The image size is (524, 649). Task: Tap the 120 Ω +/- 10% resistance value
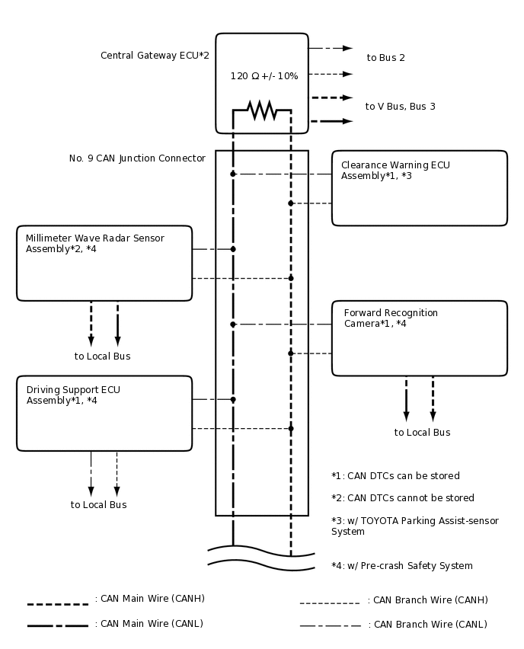(264, 76)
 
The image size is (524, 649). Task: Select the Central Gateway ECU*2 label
(155, 56)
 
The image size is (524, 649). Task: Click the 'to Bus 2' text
(385, 58)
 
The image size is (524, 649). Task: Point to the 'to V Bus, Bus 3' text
(400, 107)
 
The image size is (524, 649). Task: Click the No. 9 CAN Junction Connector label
(137, 158)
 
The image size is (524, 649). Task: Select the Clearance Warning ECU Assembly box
(419, 188)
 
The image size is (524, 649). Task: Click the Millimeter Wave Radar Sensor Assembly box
(104, 263)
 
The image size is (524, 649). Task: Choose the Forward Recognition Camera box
(419, 338)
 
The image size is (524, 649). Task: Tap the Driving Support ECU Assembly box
(104, 413)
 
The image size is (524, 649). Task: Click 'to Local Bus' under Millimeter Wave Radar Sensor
(102, 356)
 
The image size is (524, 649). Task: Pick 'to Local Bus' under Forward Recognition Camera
(422, 433)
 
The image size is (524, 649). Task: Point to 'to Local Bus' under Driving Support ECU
(98, 505)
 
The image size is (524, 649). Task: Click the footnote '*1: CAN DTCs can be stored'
(395, 476)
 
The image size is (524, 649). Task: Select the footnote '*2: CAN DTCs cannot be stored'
(402, 498)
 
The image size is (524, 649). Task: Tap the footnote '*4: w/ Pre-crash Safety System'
(401, 566)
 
